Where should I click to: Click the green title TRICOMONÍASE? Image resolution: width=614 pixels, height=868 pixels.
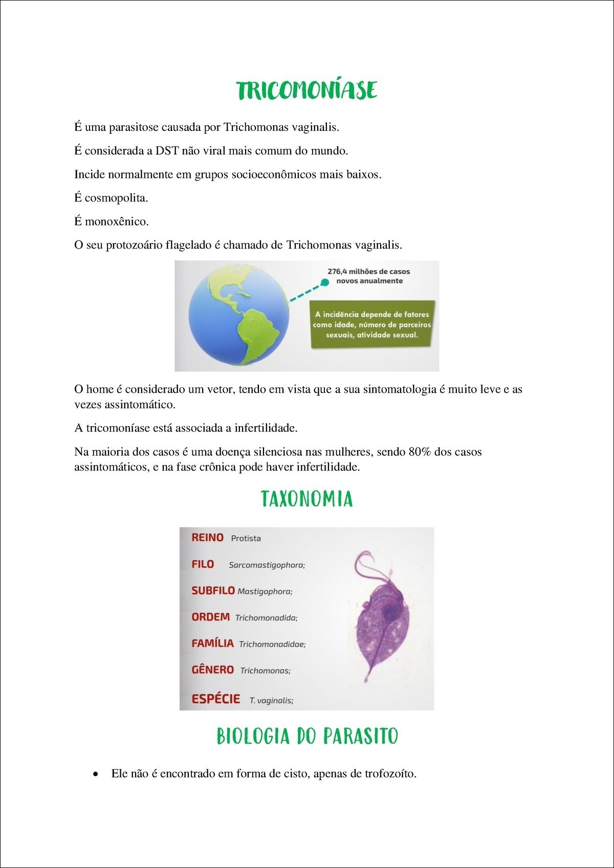pos(307,91)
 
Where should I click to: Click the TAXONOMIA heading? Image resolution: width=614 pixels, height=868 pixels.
pos(307,499)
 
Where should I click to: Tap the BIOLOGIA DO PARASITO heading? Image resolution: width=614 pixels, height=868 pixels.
pos(307,737)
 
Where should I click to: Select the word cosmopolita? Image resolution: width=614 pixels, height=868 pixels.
pos(116,198)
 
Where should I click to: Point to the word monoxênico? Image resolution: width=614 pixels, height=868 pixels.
pos(117,221)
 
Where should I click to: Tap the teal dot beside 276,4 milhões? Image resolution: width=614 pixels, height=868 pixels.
pos(324,282)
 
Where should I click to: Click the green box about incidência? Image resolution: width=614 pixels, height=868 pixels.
pos(372,324)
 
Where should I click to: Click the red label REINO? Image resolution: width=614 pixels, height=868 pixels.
pos(207,538)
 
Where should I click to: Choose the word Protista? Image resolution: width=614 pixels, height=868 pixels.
pos(246,539)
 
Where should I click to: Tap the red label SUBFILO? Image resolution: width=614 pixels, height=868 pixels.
pos(213,591)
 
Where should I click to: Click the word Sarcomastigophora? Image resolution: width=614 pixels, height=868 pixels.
pos(266,565)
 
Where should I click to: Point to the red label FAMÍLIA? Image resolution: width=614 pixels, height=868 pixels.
pos(212,643)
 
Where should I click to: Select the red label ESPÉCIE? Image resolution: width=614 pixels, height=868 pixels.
pos(215,699)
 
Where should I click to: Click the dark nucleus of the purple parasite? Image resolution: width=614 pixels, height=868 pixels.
pos(390,613)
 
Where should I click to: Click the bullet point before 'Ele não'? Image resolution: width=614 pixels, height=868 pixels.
pos(95,774)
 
